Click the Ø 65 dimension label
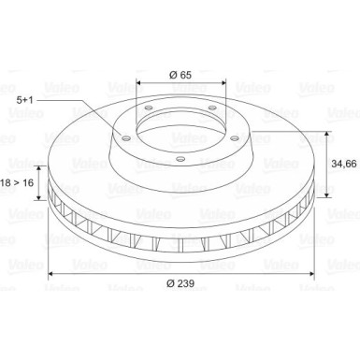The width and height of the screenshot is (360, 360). pyautogui.click(x=180, y=75)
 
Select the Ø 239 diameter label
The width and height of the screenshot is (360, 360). pyautogui.click(x=180, y=283)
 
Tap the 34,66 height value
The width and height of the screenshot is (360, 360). pyautogui.click(x=344, y=164)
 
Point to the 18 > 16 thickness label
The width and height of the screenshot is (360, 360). pyautogui.click(x=17, y=182)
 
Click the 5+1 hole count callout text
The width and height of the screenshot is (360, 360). pyautogui.click(x=24, y=100)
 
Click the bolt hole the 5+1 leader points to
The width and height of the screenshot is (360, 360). pyautogui.click(x=125, y=138)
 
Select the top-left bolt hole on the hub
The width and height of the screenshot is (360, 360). pyautogui.click(x=148, y=108)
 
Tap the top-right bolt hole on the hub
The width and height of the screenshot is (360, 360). pyautogui.click(x=212, y=108)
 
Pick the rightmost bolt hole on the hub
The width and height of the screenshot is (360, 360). pyautogui.click(x=235, y=137)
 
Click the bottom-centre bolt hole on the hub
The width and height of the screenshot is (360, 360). pyautogui.click(x=180, y=159)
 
